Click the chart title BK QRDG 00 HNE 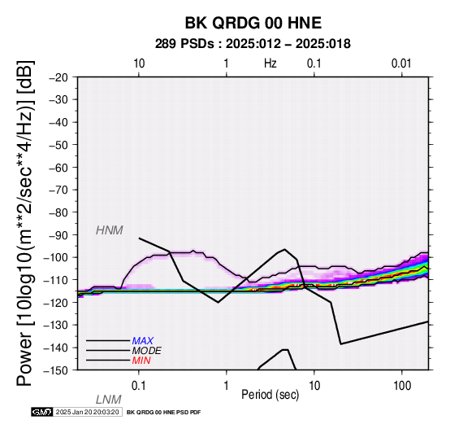pyautogui.click(x=253, y=23)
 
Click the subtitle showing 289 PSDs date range pyautogui.click(x=253, y=44)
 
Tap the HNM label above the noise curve pyautogui.click(x=110, y=230)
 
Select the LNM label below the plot pyautogui.click(x=109, y=400)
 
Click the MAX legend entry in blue pyautogui.click(x=143, y=341)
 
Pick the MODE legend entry pyautogui.click(x=147, y=351)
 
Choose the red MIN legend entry pyautogui.click(x=141, y=361)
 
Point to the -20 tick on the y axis pyautogui.click(x=58, y=77)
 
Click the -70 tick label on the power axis pyautogui.click(x=58, y=190)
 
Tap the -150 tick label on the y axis pyautogui.click(x=56, y=370)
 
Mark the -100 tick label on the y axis pyautogui.click(x=56, y=258)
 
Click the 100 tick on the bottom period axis pyautogui.click(x=402, y=386)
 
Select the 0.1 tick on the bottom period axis pyautogui.click(x=139, y=386)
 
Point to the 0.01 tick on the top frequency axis pyautogui.click(x=402, y=63)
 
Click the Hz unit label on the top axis pyautogui.click(x=270, y=63)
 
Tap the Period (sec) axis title pyautogui.click(x=270, y=395)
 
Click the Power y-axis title pyautogui.click(x=25, y=223)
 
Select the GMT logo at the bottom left pyautogui.click(x=42, y=412)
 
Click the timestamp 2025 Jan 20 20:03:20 pyautogui.click(x=87, y=412)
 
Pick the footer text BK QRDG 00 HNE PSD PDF pyautogui.click(x=163, y=413)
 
